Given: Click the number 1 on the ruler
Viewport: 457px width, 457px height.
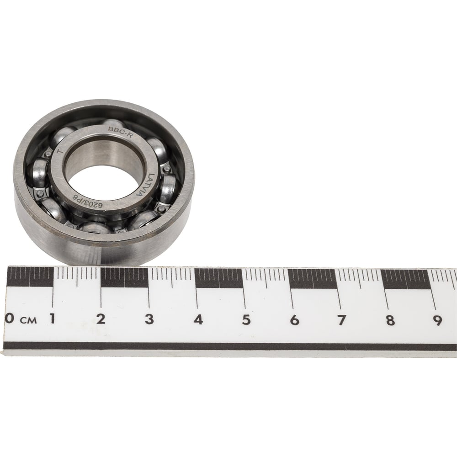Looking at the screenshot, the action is pos(53,319).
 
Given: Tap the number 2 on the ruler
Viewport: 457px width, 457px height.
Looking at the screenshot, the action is pos(101,319).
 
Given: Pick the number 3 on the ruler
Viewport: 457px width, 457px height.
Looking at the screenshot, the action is pos(149,319).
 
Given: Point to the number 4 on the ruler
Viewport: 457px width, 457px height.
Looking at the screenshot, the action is pos(198,320).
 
